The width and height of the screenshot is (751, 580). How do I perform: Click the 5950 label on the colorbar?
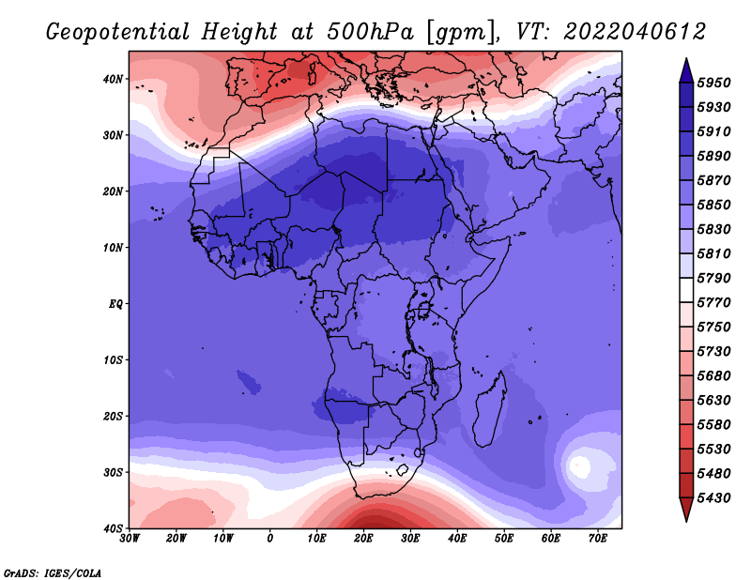(713, 83)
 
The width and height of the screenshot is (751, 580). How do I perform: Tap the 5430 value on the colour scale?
(713, 498)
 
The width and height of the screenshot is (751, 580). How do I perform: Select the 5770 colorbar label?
(713, 303)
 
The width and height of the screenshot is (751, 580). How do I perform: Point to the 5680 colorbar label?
(713, 376)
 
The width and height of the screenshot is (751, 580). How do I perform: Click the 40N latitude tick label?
(113, 79)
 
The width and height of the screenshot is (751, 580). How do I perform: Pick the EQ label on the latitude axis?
(115, 304)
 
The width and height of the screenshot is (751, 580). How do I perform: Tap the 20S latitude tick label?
(113, 416)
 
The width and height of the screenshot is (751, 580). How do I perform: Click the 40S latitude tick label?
(113, 528)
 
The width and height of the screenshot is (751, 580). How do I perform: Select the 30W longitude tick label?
(130, 539)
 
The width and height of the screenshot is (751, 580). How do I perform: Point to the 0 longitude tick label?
(270, 539)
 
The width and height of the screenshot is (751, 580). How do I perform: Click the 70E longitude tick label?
(598, 539)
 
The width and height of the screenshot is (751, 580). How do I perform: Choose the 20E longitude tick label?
(363, 539)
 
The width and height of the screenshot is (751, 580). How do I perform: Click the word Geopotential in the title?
(118, 33)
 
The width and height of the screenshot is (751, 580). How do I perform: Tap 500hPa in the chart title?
(370, 32)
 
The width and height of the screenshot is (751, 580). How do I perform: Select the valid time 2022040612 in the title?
(635, 32)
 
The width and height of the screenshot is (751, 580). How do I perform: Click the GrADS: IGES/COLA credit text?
(53, 573)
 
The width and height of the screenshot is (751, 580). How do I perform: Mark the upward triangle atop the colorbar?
(686, 70)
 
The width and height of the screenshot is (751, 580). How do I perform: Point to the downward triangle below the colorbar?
(686, 510)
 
